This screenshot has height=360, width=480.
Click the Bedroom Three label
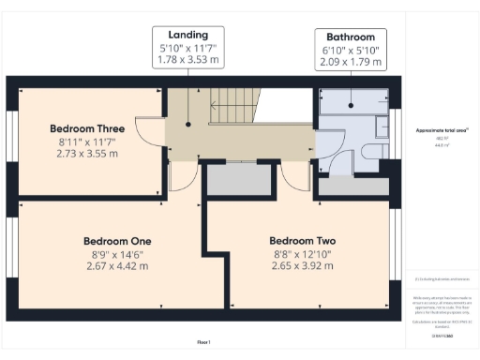(87, 127)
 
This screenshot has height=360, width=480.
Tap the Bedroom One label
(117, 240)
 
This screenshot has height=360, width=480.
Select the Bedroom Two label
(302, 239)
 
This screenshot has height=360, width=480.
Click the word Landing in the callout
(188, 35)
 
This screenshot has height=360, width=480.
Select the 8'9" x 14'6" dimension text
(117, 253)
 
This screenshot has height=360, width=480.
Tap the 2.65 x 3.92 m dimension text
(302, 265)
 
